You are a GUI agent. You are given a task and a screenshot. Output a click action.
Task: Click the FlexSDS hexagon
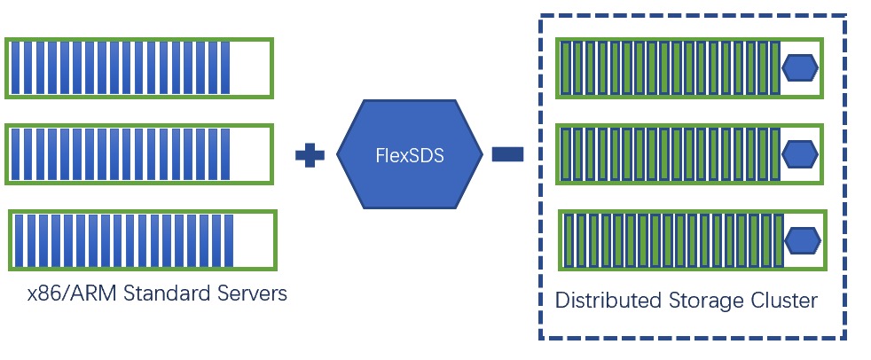point(409,153)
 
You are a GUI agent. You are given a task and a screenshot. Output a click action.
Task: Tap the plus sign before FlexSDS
point(310,155)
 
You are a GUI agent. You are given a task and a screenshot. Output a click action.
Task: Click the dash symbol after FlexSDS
point(508,155)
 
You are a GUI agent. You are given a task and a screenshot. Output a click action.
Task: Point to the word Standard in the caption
point(167,293)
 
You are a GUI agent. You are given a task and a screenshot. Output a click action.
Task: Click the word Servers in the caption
point(252,293)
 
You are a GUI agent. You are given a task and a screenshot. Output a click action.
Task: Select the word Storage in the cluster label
point(706,300)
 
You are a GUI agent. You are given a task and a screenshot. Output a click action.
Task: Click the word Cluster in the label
point(784,300)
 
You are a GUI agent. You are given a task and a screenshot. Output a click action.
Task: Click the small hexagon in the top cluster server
point(799,67)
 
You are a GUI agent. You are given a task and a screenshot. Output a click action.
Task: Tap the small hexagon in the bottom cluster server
point(803,240)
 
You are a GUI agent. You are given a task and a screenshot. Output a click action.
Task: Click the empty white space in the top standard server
point(250,68)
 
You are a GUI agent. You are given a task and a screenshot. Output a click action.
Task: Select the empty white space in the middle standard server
point(250,155)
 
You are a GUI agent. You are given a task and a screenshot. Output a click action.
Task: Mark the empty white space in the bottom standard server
point(254,240)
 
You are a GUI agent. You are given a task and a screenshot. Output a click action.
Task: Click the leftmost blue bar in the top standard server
point(15,68)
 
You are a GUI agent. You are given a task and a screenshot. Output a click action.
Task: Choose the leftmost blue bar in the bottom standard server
point(19,240)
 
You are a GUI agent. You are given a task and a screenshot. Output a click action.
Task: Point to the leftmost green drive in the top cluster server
point(565,68)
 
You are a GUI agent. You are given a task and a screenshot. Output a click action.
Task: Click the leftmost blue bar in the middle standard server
point(15,155)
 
